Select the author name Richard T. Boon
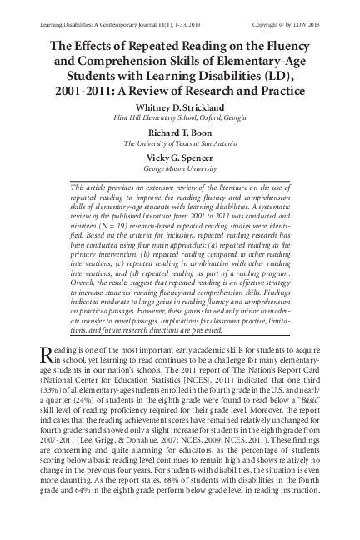click(x=179, y=132)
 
